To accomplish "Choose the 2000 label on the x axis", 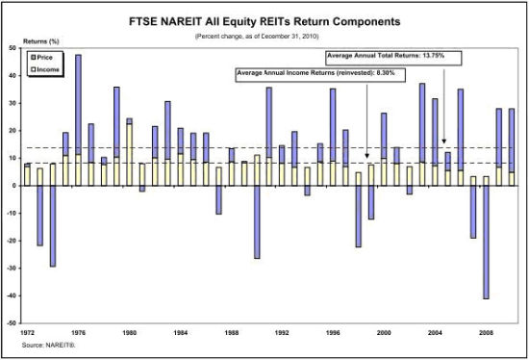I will [x=385, y=331].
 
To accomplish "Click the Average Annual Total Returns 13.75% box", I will [x=392, y=57].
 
